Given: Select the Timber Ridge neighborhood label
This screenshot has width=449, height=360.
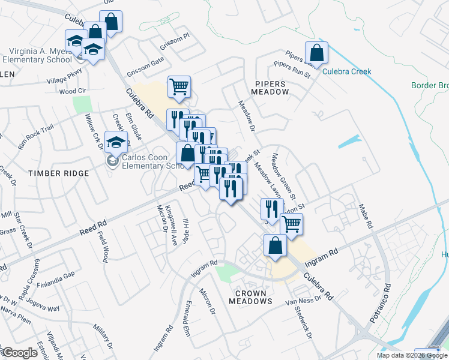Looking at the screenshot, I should (59, 173).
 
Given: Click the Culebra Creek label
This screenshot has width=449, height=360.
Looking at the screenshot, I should (347, 71).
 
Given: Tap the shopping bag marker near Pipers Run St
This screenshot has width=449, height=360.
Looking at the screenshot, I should (316, 53).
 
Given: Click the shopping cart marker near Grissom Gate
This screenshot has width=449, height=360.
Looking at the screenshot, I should (179, 87).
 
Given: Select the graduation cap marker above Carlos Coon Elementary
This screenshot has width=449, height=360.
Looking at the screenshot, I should (113, 142).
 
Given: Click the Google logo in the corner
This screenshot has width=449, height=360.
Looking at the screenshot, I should (20, 353).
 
